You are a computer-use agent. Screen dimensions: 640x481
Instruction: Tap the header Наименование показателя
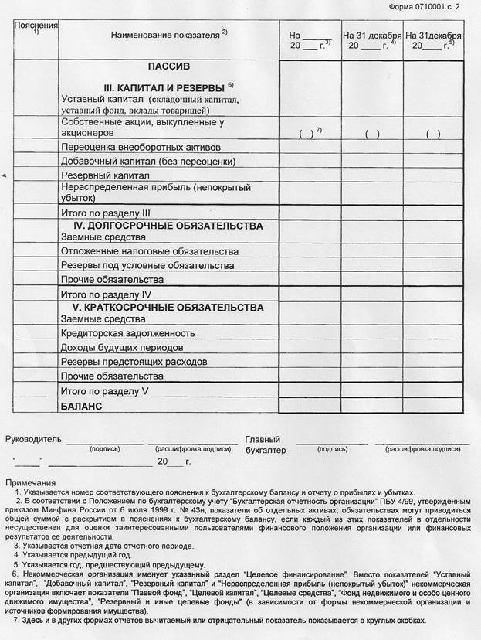pos(165,36)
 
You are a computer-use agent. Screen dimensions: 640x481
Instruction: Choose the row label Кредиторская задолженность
pos(127,333)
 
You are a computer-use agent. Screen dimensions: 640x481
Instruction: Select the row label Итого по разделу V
pos(103,391)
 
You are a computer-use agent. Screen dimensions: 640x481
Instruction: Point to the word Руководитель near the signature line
pos(33,439)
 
